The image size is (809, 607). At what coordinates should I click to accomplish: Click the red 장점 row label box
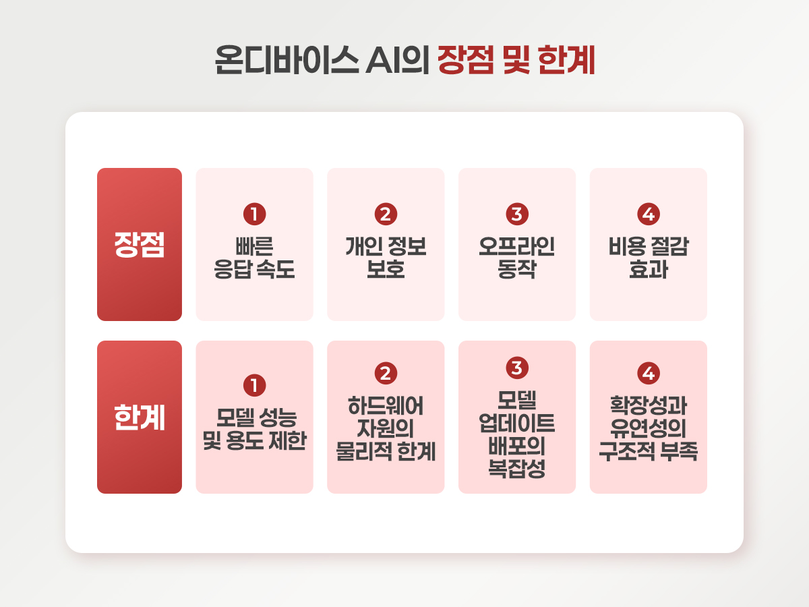coord(140,244)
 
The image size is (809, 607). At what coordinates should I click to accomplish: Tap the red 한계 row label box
coord(140,417)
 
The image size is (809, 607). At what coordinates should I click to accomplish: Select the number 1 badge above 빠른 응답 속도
coord(254,214)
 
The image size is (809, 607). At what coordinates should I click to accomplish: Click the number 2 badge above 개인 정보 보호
coord(386,214)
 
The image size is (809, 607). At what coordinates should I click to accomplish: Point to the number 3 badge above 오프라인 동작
coord(517,214)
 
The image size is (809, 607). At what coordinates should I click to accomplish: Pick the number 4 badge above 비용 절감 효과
coord(649,214)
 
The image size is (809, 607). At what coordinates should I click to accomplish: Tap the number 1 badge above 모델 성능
coord(254,386)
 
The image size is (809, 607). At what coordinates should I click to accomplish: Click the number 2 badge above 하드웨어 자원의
coord(386,374)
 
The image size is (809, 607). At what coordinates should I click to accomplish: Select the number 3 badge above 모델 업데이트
coord(517,368)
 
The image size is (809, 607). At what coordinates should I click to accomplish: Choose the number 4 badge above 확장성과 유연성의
coord(649,374)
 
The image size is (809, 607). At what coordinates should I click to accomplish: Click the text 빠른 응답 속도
coord(254,258)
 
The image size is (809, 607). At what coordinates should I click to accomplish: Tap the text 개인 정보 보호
coord(386,258)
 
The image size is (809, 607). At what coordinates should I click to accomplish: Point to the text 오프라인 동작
coord(517,258)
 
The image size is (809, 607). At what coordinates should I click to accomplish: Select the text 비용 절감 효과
coord(649,258)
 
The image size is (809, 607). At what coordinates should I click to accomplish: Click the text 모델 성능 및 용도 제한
coord(254,429)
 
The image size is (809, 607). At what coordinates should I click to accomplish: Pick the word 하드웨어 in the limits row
coord(386,405)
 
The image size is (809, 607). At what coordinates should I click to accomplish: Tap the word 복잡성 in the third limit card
coord(516,469)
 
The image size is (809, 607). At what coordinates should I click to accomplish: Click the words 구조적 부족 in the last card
coord(649,451)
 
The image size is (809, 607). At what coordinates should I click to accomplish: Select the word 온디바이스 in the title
coord(287,60)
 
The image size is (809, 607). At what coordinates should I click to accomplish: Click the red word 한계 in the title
coord(566,60)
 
